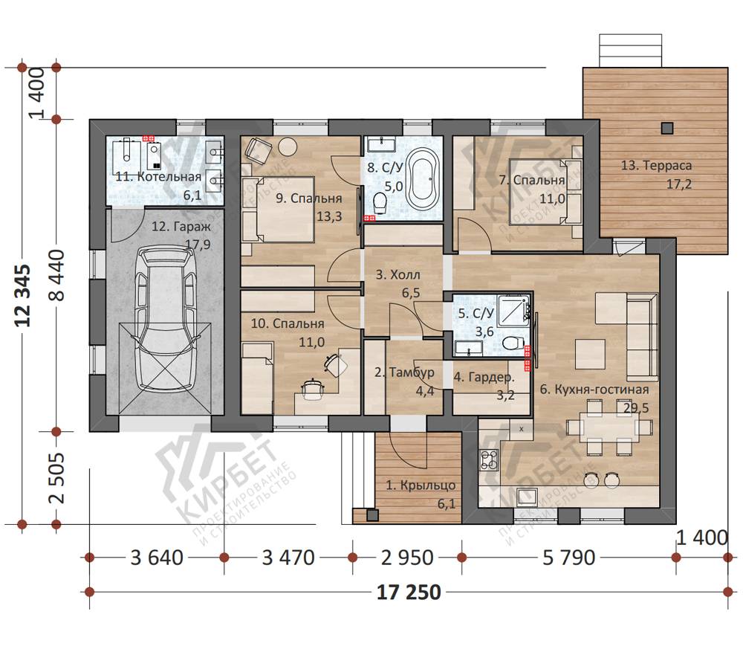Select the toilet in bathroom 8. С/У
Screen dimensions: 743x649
coord(380,203)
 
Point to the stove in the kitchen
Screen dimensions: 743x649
coord(490,459)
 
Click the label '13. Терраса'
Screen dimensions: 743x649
coord(656,166)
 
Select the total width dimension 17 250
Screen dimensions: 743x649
coord(409,592)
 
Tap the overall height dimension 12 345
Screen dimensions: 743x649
coord(23,295)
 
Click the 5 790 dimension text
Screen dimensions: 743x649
coord(568,558)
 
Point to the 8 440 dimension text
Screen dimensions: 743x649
coord(57,275)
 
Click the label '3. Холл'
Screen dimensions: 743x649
coord(398,274)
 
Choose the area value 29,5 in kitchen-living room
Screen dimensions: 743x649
coord(637,407)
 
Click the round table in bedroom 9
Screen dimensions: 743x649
coord(287,146)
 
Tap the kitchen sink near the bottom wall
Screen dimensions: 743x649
coord(527,497)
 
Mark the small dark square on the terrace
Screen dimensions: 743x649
coord(667,128)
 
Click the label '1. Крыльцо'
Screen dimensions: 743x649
coord(421,485)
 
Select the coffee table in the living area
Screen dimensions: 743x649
coord(591,354)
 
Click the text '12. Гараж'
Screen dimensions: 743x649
coord(181,227)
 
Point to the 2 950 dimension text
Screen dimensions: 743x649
coord(407,558)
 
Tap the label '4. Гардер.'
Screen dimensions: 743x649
coord(484,378)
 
